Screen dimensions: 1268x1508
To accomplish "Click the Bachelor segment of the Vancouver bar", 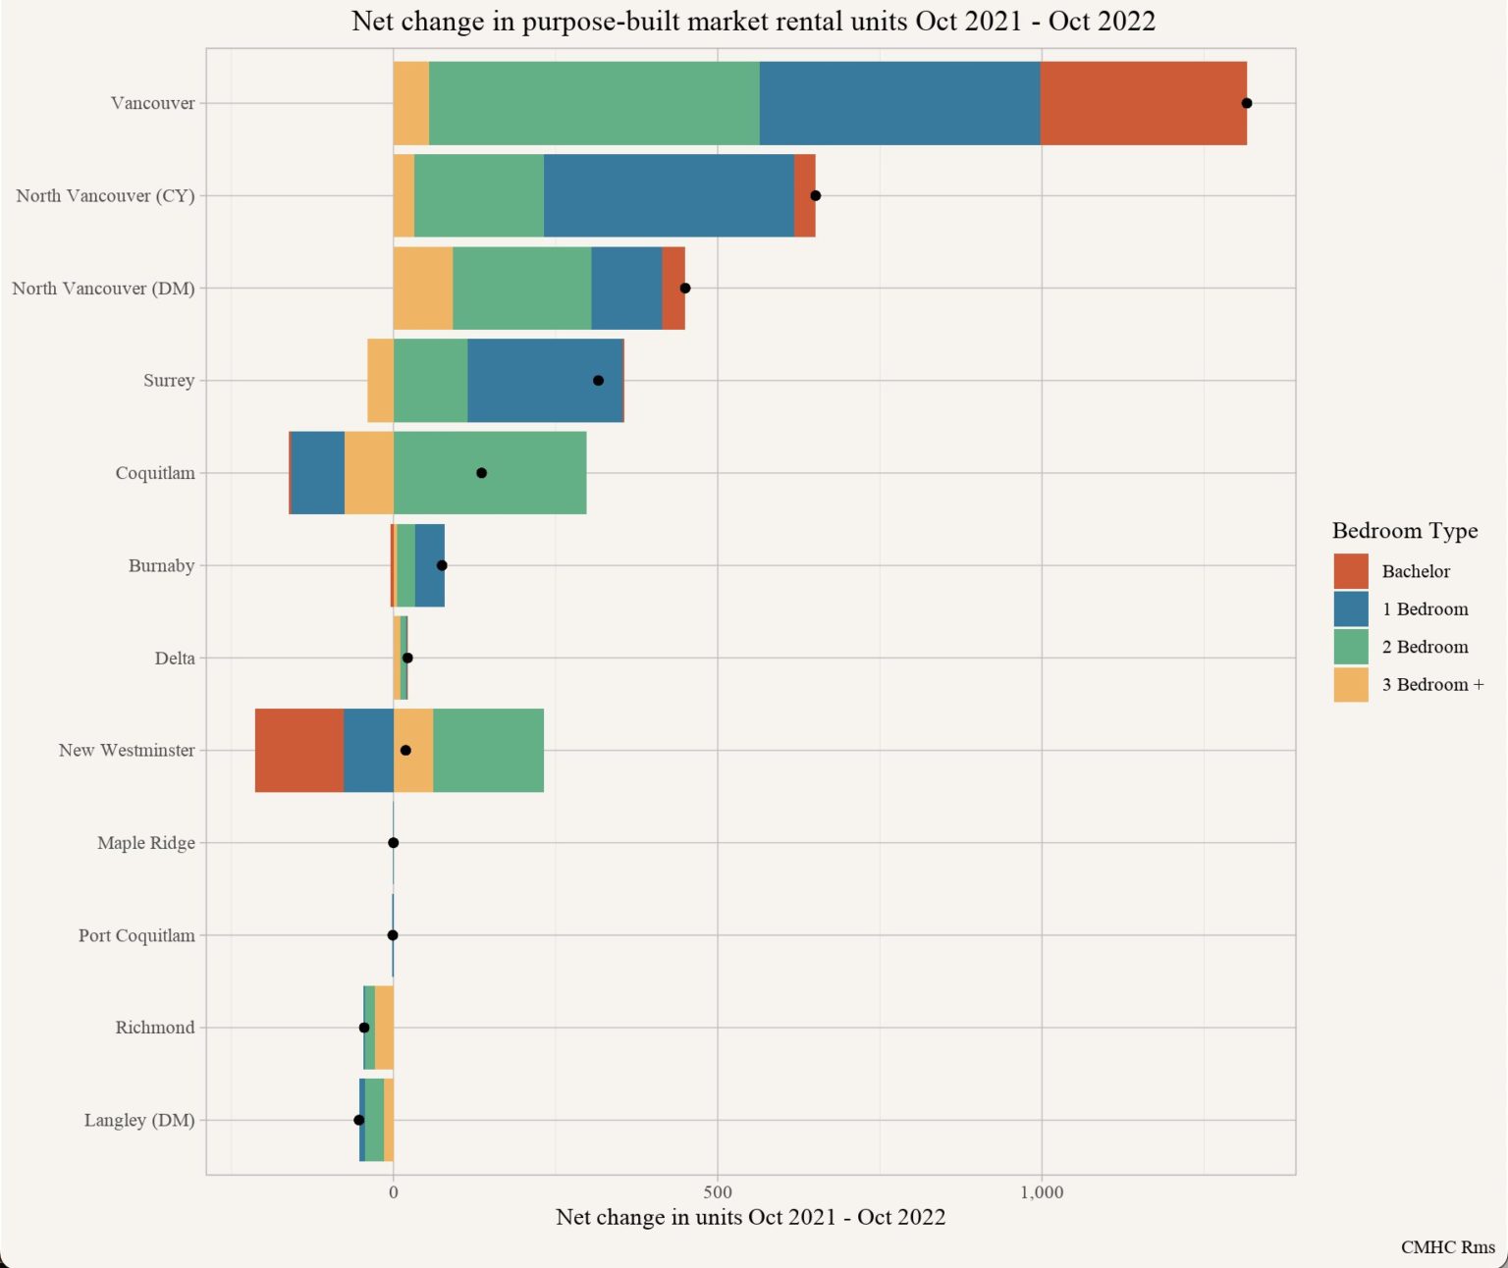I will coord(1143,103).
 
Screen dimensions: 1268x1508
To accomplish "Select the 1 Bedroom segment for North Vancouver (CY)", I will coord(669,195).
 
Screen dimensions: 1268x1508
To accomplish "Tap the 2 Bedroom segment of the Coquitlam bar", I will coord(490,473).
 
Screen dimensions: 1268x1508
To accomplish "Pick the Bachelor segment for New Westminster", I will coord(299,750).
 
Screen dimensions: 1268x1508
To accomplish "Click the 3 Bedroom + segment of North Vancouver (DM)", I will coord(423,288).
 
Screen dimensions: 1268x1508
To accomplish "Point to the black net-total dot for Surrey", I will coord(598,381).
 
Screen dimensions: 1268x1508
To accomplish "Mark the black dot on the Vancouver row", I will coord(1246,103).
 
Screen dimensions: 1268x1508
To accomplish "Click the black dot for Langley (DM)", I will coord(359,1120).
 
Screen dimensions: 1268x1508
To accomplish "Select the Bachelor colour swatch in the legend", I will coord(1351,571).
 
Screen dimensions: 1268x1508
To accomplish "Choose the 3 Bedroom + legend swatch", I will coord(1351,685).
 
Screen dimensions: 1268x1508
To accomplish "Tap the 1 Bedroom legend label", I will coord(1425,609).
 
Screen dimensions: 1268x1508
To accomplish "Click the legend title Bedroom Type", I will coord(1404,531).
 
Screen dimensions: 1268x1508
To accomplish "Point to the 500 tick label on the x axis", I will coord(718,1192).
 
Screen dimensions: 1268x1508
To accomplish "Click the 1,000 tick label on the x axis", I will coord(1042,1192).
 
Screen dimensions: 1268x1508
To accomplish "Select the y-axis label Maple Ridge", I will coord(146,843).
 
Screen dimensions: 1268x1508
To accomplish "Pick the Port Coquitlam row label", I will coord(136,935).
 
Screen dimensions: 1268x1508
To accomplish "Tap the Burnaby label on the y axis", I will coord(161,565).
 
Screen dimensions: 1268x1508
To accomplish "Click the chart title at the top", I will coord(753,21).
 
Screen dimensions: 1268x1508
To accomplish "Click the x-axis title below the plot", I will coord(750,1217).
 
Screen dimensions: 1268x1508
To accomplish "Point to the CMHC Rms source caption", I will coord(1447,1247).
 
